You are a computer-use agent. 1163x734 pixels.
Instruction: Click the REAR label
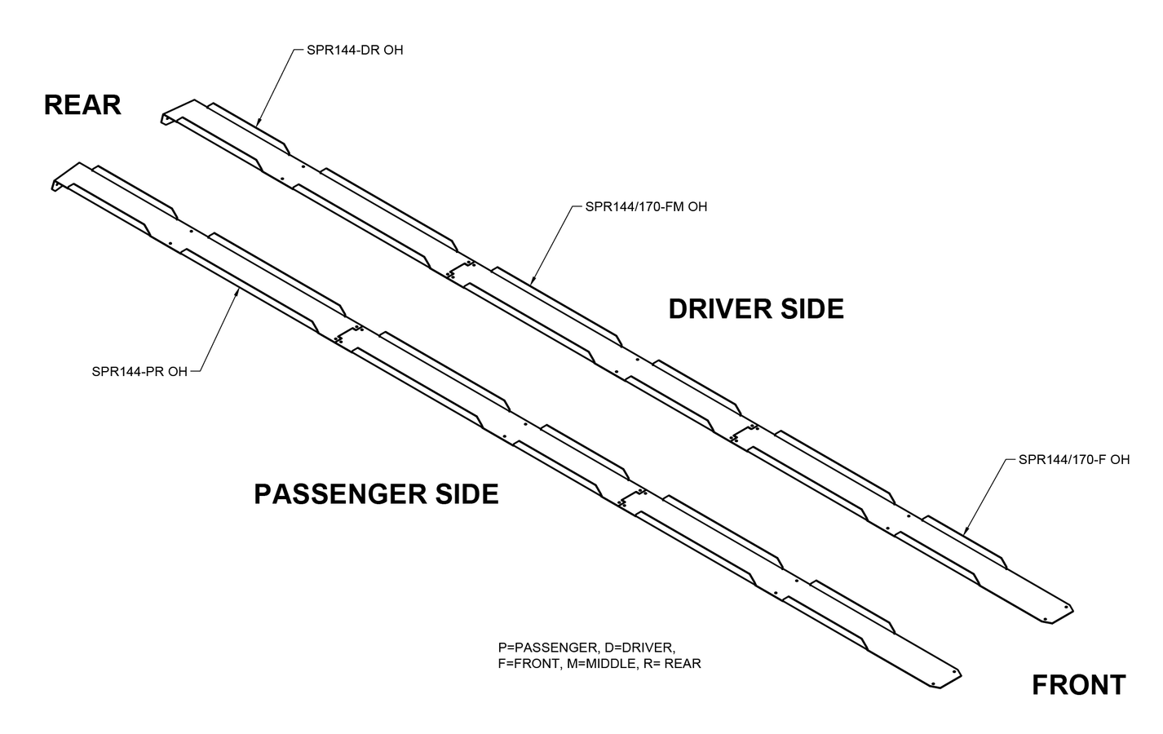(82, 105)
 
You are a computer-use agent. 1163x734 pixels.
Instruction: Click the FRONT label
(1078, 685)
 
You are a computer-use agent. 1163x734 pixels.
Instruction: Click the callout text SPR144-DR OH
(355, 50)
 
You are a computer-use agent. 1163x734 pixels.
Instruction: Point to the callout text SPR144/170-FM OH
(646, 206)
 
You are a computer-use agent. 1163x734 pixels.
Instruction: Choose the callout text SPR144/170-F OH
(1074, 459)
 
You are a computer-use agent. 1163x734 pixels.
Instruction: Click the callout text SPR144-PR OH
(139, 372)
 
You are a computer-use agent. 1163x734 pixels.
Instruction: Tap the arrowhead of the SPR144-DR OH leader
(257, 124)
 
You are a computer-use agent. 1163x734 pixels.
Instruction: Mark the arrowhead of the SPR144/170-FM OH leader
(532, 282)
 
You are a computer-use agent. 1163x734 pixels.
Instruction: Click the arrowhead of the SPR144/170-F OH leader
(965, 532)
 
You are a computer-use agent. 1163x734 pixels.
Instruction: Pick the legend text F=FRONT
(527, 664)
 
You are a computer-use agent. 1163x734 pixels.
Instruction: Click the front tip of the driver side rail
(1070, 610)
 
